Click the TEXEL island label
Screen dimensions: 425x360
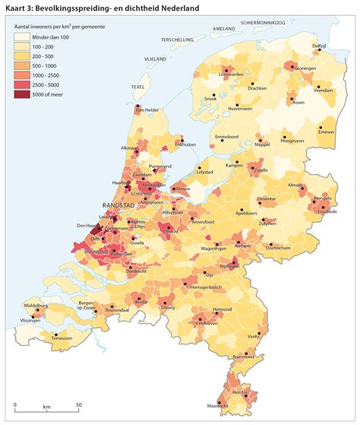137,87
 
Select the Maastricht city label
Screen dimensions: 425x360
219,408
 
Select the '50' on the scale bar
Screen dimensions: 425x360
79,406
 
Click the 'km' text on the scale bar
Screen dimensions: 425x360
46,406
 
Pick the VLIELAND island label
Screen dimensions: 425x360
155,58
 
